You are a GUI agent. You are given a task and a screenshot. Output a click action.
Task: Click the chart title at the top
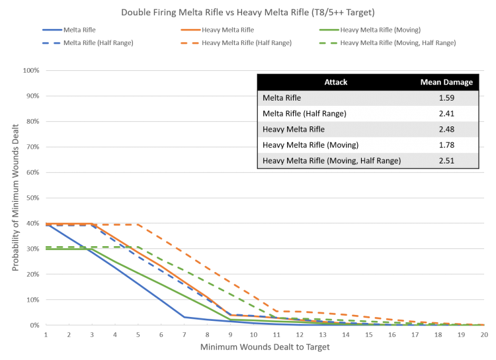[x=248, y=13]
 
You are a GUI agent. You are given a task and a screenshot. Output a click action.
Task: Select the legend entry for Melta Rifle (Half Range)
[x=97, y=42]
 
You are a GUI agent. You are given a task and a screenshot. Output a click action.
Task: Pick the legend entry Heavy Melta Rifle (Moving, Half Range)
[x=397, y=42]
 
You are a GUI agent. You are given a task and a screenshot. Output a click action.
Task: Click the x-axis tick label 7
[x=185, y=334]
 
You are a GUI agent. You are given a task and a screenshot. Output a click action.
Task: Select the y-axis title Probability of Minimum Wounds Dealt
[x=14, y=199]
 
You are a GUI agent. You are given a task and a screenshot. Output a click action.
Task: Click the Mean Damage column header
[x=447, y=82]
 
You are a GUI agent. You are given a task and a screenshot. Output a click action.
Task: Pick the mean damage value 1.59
[x=447, y=98]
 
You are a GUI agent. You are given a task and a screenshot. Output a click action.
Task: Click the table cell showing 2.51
[x=447, y=160]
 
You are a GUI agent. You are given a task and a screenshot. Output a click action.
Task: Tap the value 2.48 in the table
[x=447, y=129]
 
